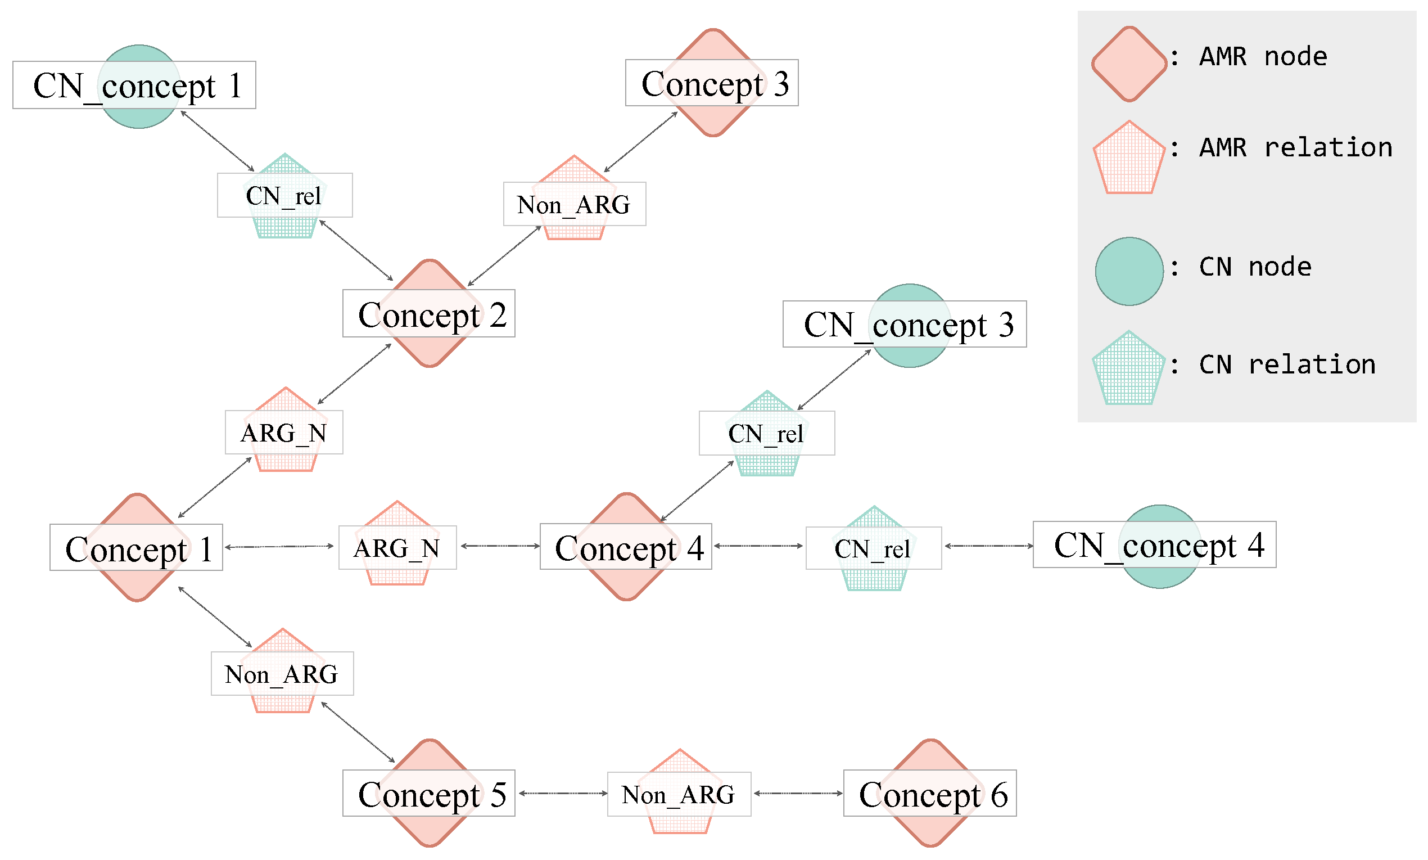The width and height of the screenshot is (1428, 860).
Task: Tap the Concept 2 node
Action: click(x=429, y=313)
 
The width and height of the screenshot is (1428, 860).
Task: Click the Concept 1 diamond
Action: click(x=137, y=548)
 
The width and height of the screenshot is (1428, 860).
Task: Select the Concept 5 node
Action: click(x=429, y=794)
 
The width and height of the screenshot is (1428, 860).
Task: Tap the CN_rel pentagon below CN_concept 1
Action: click(x=284, y=196)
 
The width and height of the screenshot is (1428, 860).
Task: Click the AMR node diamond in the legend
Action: click(x=1128, y=64)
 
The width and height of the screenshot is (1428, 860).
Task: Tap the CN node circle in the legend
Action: click(x=1128, y=271)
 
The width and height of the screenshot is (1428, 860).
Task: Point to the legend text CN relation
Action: click(x=1286, y=364)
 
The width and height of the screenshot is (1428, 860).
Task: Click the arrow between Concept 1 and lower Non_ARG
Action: click(x=215, y=616)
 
